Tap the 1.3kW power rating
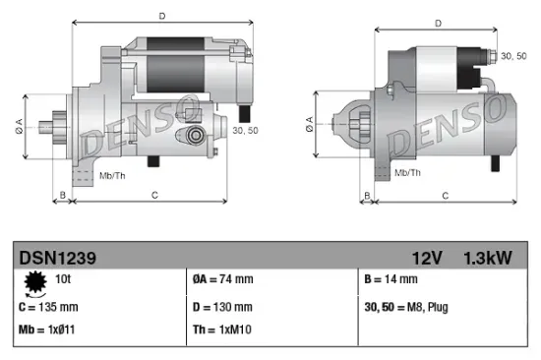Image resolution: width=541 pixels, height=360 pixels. click(488, 258)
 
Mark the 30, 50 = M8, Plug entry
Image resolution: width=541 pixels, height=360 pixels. click(406, 307)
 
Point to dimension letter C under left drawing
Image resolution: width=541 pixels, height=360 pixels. click(154, 196)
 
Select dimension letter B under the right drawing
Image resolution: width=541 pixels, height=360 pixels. click(367, 196)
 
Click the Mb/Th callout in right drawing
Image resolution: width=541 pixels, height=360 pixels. click(408, 173)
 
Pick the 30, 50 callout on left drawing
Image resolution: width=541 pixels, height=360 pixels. click(245, 129)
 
